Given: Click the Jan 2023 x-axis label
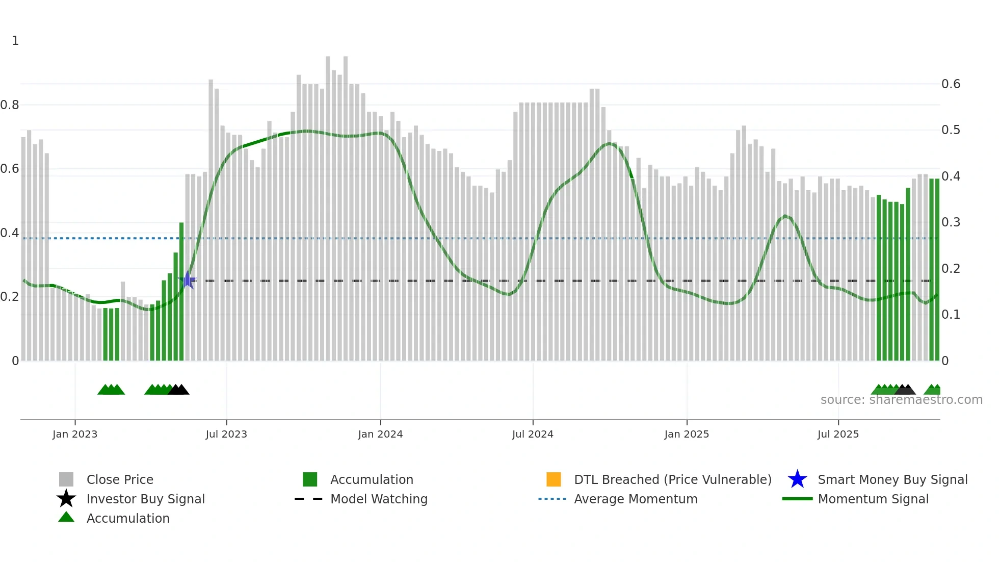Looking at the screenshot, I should click(x=75, y=434).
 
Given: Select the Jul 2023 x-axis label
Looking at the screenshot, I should click(x=226, y=434).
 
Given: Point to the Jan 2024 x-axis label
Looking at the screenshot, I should click(x=380, y=434).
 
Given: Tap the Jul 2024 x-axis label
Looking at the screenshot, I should click(x=533, y=434).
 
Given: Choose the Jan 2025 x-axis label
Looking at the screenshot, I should click(x=687, y=434).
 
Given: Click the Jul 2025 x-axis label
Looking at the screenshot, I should click(x=838, y=434).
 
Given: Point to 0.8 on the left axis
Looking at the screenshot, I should click(x=10, y=105).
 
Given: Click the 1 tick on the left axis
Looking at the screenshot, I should click(x=15, y=41).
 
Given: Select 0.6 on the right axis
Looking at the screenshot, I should click(x=951, y=84).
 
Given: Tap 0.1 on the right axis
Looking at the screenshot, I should click(x=951, y=315).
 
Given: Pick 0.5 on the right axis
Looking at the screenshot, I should click(x=951, y=130).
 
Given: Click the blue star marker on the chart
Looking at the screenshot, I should click(x=188, y=280).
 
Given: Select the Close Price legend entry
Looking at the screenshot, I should click(x=120, y=479).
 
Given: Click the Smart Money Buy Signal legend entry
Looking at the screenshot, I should click(x=892, y=479).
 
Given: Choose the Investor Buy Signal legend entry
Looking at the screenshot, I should click(x=145, y=499).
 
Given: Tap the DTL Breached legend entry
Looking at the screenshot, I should click(x=672, y=479).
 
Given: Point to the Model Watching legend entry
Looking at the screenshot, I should click(x=379, y=499).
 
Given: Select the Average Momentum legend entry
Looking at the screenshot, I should click(x=636, y=499).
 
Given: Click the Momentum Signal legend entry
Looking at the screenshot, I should click(x=873, y=499).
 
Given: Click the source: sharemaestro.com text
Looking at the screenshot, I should click(x=901, y=400).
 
